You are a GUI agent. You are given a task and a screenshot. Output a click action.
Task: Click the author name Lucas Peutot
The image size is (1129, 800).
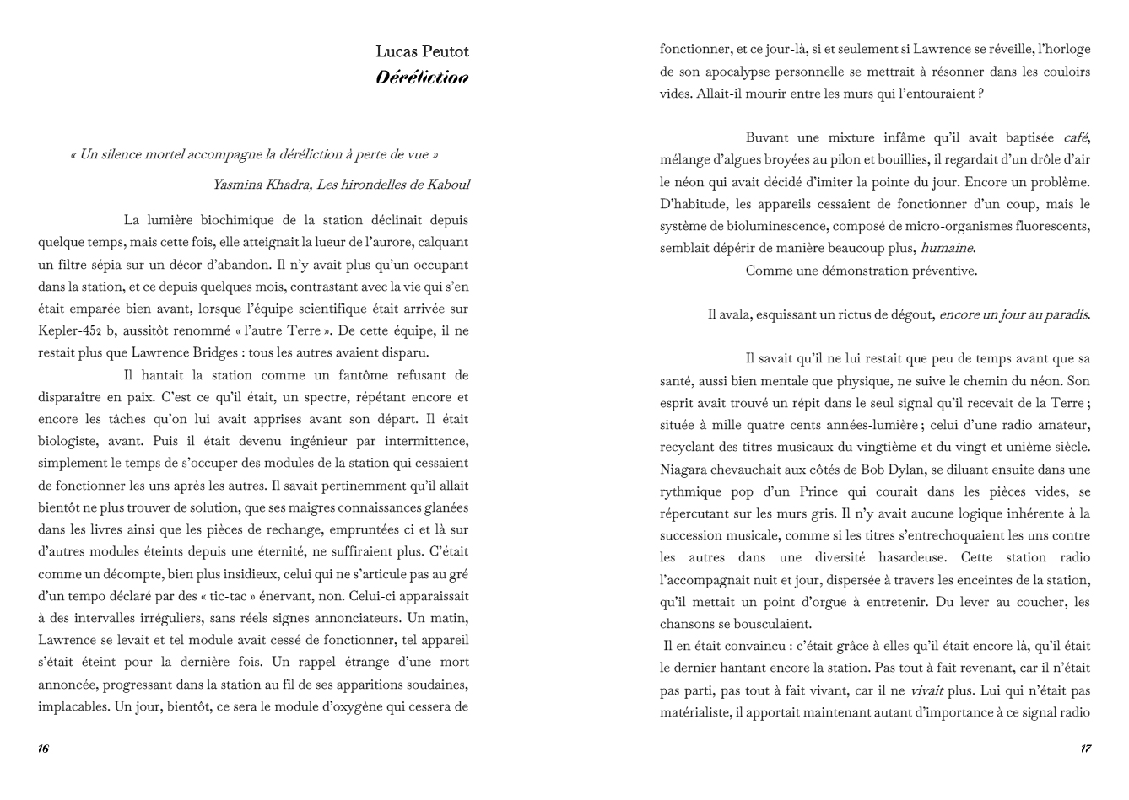tap(422, 51)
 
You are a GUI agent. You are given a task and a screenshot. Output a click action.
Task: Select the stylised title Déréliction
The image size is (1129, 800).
tap(422, 78)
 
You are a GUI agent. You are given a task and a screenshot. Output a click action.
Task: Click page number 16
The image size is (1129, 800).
tap(43, 749)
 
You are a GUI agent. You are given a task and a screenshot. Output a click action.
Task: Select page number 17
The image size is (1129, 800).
tap(1085, 749)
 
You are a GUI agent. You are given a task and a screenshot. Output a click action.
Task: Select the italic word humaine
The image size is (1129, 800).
tap(947, 249)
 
